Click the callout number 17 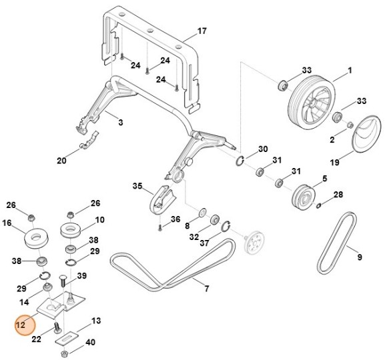pos(202,31)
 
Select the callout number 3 pos(120,123)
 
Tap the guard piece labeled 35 pos(161,201)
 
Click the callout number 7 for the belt pos(207,288)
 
